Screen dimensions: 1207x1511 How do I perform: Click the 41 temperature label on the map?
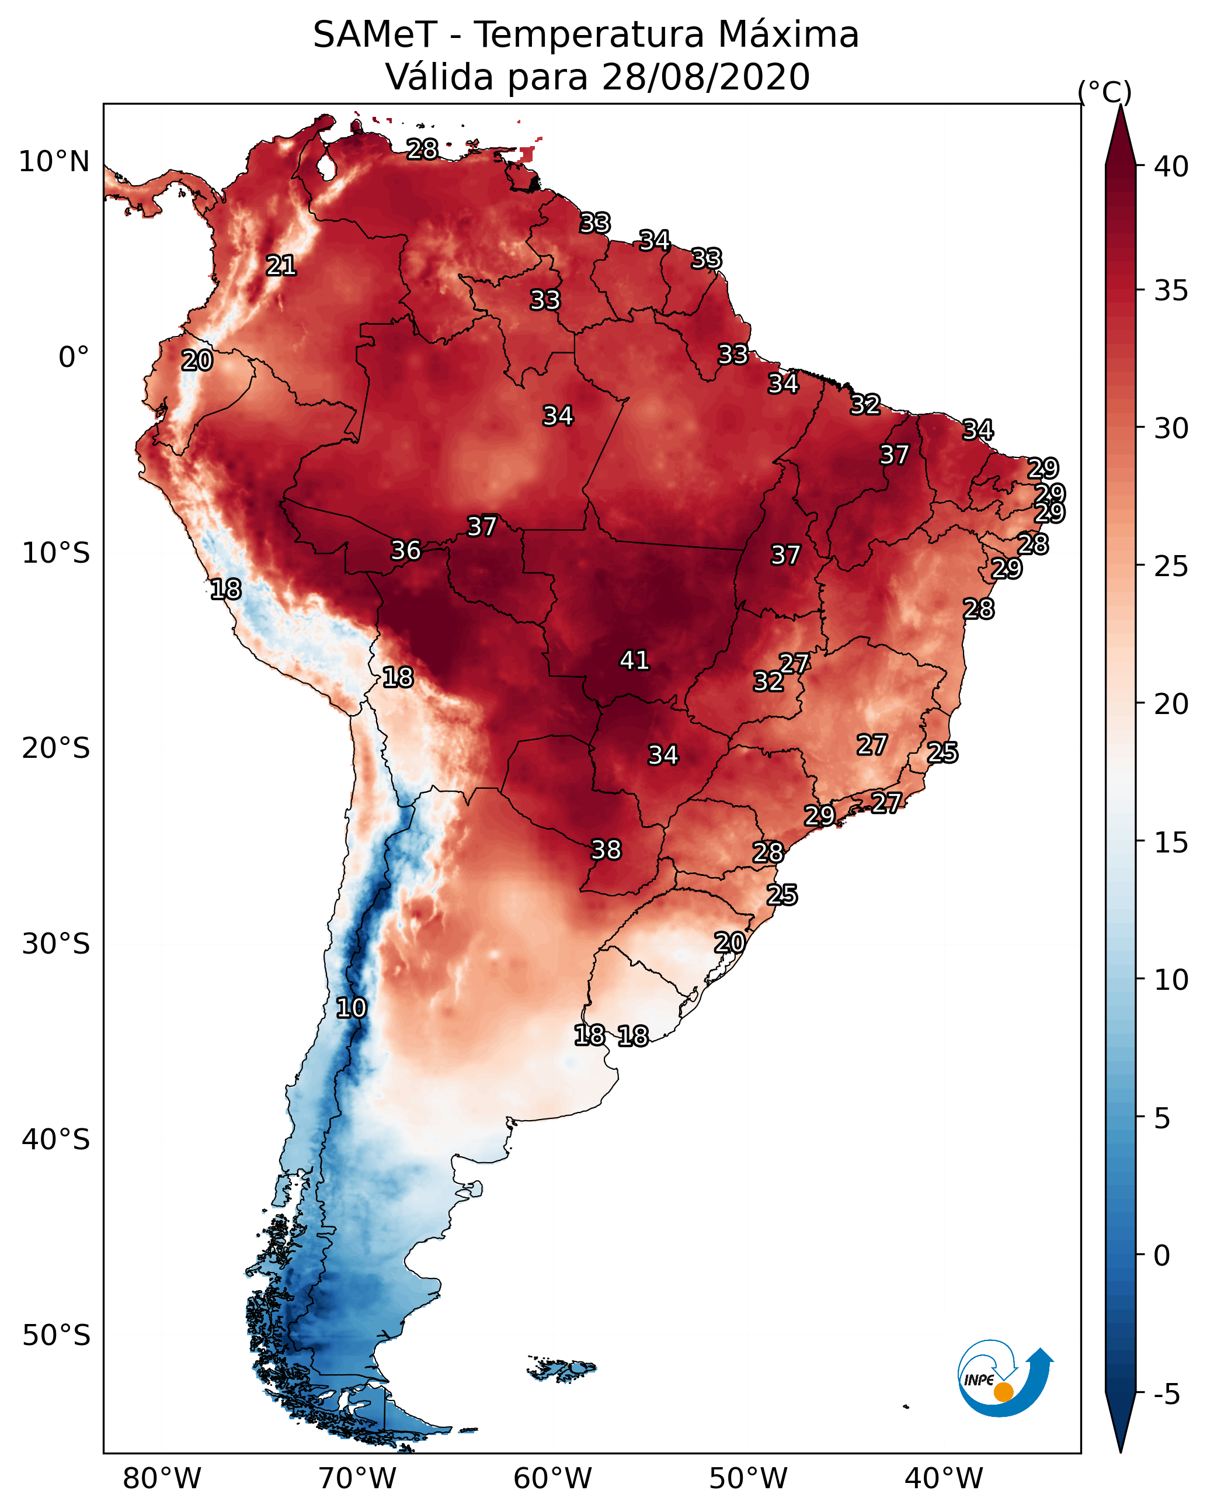[x=635, y=660]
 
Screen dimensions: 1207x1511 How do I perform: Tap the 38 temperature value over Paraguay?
[x=606, y=850]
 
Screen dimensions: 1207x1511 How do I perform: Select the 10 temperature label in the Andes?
[x=351, y=1008]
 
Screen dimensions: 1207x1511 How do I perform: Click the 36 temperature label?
[x=406, y=550]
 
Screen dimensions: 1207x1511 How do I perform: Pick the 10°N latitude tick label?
[x=54, y=162]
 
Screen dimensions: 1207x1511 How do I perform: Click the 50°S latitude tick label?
[x=56, y=1336]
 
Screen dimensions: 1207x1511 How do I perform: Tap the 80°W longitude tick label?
[x=162, y=1479]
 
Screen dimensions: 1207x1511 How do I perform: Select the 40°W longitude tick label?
[x=944, y=1479]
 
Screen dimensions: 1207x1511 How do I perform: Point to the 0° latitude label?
[x=74, y=358]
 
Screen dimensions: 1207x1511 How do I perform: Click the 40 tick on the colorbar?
[x=1171, y=167]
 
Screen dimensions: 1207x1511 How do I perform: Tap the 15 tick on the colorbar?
[x=1171, y=843]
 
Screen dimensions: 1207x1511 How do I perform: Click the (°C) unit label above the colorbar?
[x=1105, y=92]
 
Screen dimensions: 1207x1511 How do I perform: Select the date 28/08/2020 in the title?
[x=705, y=77]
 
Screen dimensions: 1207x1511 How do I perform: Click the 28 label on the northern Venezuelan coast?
[x=422, y=149]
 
